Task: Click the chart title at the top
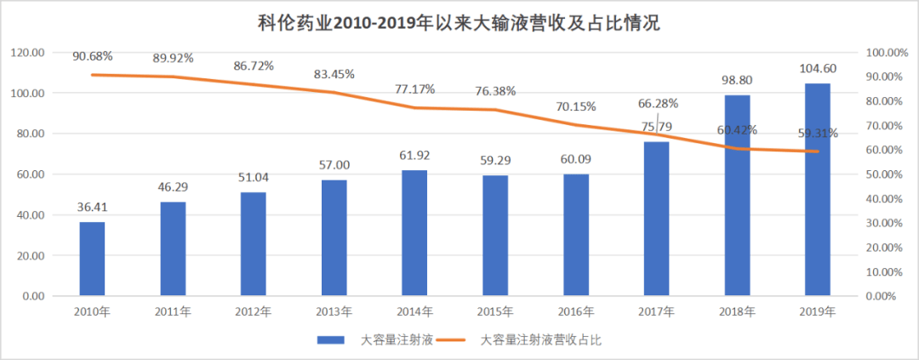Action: click(459, 23)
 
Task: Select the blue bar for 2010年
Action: click(93, 259)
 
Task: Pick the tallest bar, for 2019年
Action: click(818, 189)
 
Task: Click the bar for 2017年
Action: click(657, 219)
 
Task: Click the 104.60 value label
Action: click(818, 69)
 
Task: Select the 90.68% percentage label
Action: click(93, 56)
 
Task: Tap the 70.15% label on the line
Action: click(576, 107)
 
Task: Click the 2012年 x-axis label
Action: click(254, 311)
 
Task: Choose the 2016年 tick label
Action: click(576, 311)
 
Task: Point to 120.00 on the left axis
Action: click(28, 53)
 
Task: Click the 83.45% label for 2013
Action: click(334, 74)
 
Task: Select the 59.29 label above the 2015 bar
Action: click(495, 162)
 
